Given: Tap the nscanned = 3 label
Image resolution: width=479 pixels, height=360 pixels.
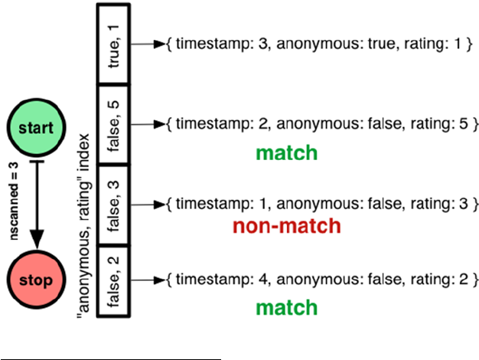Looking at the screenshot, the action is [13, 203].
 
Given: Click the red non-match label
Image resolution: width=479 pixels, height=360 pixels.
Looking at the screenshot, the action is [286, 227].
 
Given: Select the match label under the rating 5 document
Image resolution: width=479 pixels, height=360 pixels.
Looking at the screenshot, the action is [286, 153].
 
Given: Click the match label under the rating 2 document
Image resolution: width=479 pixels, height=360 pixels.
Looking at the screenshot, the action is [286, 307].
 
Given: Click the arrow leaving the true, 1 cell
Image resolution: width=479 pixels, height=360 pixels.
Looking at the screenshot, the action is [147, 44].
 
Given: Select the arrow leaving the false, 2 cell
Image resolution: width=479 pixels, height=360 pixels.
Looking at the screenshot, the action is [147, 281].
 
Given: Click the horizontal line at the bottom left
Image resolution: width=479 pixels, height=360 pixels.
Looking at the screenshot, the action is [111, 357].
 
